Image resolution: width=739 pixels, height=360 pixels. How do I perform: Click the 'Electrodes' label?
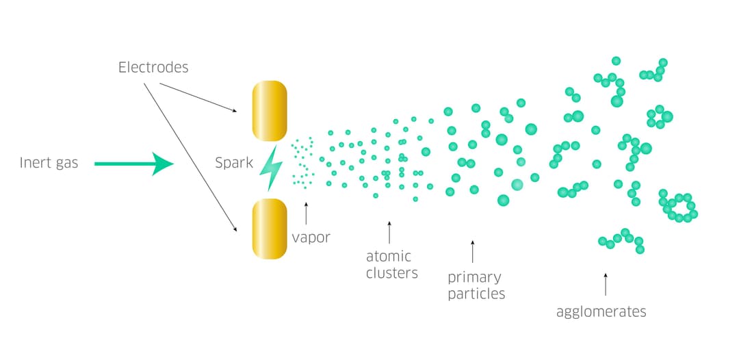pos(153,67)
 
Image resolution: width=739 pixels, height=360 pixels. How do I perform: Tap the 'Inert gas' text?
pos(49,163)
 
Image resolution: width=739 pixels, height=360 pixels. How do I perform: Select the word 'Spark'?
pos(234,164)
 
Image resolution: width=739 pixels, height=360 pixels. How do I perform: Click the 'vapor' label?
pos(311,237)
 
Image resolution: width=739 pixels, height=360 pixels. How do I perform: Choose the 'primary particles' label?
pos(476,285)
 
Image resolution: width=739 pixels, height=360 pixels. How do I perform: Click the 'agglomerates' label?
pos(601,311)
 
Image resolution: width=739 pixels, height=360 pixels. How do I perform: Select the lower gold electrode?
pos(269,229)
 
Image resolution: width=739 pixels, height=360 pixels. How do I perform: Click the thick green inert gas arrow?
pos(133,164)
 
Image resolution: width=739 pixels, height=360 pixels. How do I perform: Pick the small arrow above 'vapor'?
pos(305,214)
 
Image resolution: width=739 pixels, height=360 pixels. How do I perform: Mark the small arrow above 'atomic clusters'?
pos(389,232)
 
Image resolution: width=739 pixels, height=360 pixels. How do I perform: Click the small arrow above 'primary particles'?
pos(472,251)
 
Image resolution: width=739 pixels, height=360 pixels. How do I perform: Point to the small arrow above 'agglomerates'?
pos(605,284)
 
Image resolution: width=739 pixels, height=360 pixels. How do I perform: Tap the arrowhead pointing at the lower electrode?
pos(235,229)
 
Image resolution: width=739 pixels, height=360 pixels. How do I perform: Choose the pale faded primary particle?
pos(517,184)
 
